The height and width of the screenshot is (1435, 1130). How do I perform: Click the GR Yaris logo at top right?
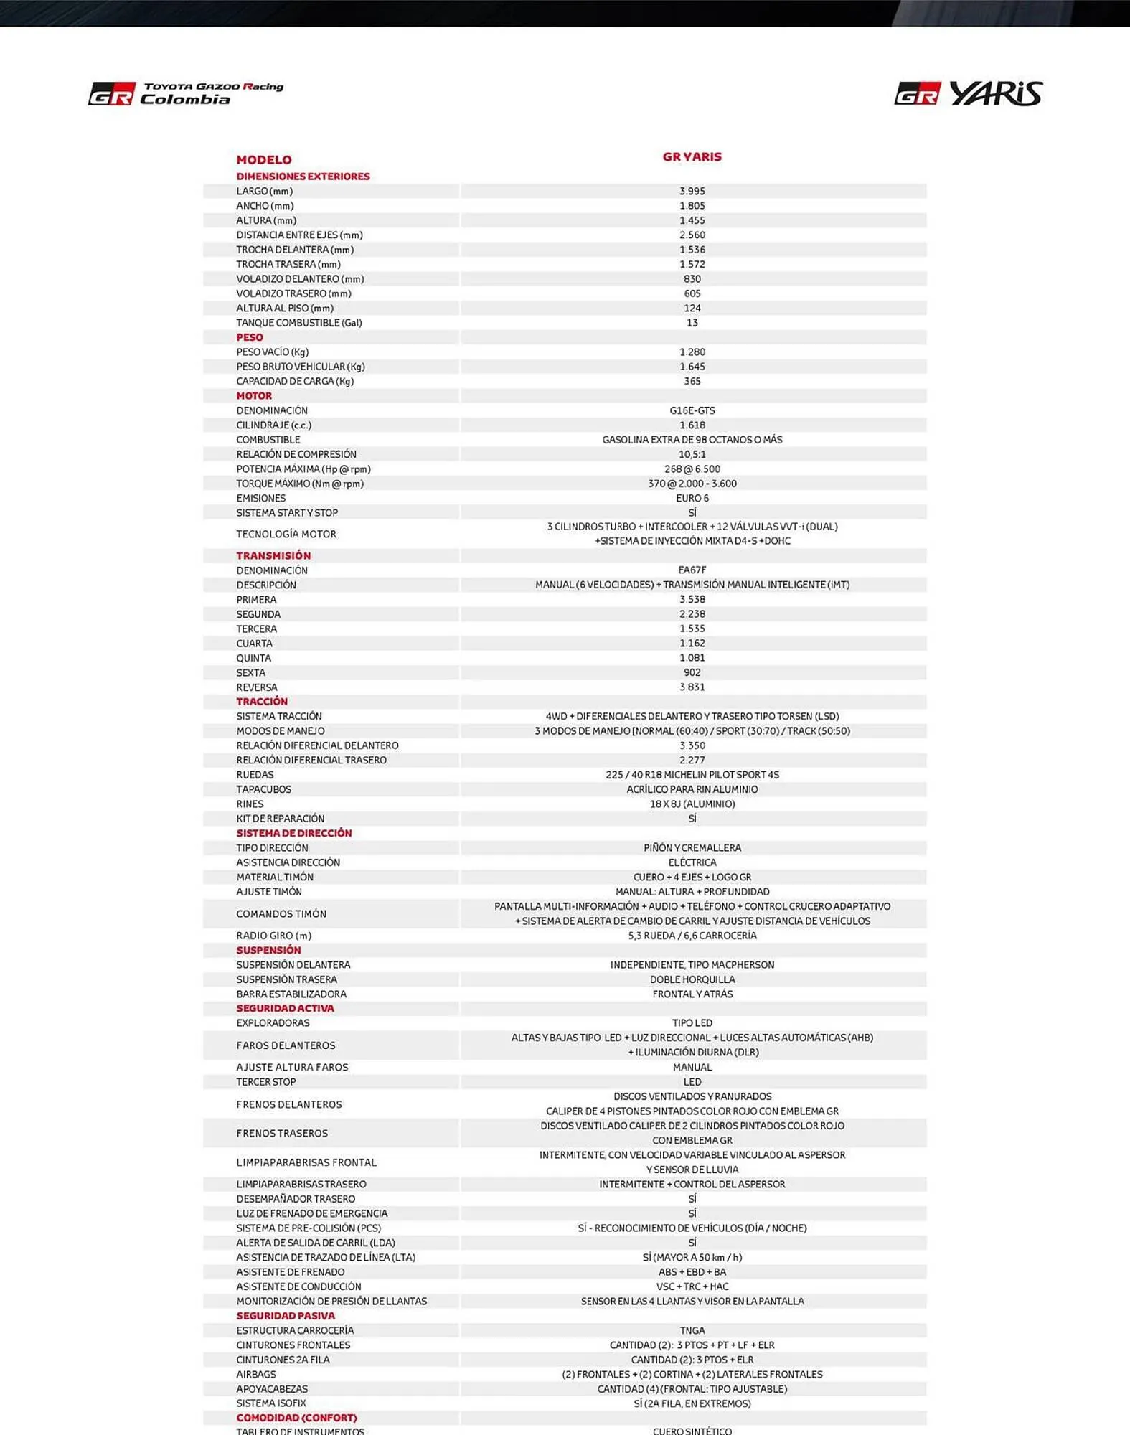point(968,94)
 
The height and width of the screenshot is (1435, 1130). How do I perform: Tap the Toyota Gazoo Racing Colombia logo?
point(186,94)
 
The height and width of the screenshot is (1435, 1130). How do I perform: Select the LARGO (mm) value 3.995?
point(692,192)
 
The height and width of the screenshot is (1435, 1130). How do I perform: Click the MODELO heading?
point(264,160)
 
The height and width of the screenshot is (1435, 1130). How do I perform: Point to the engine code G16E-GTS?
point(692,410)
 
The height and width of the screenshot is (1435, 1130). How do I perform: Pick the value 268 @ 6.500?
point(692,469)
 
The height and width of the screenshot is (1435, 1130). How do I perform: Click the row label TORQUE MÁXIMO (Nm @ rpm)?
point(300,484)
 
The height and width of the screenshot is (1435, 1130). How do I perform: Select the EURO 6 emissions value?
point(692,498)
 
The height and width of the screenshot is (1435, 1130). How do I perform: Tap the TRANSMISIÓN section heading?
point(273,555)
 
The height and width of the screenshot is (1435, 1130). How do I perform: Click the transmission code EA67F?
point(692,570)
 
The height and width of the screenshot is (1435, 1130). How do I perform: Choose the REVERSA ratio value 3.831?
point(692,687)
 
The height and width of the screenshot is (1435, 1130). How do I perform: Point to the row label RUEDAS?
point(255,775)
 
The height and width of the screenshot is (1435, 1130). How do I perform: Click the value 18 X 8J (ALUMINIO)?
point(692,804)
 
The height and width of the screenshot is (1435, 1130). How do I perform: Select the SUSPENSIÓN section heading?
point(268,950)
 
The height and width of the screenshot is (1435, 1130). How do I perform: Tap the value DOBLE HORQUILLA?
point(692,979)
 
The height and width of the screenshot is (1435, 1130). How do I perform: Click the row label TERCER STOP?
point(265,1082)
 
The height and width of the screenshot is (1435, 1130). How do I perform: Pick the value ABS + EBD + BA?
point(692,1272)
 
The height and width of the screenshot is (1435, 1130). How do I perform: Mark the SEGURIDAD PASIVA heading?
point(286,1316)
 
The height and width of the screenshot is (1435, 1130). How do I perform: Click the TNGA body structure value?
point(692,1330)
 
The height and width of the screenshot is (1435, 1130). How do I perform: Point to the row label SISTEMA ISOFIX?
point(271,1403)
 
